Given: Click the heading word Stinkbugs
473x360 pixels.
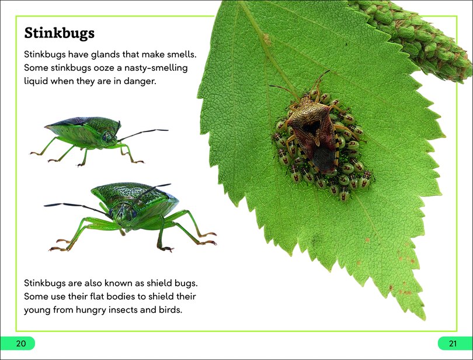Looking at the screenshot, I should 60,33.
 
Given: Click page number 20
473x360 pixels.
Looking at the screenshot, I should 21,343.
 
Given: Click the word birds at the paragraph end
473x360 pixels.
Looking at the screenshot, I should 169,310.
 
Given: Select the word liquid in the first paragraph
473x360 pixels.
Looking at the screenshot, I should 38,82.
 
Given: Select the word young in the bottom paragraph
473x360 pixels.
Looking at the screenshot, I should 37,310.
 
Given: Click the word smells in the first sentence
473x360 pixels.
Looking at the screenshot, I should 182,54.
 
